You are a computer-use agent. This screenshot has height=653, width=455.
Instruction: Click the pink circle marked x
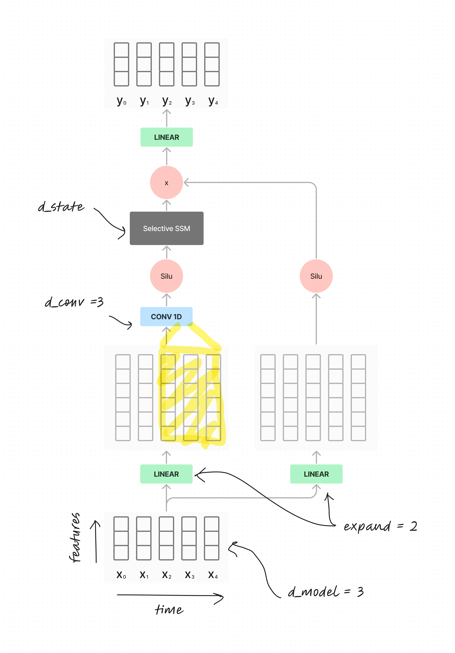click(166, 183)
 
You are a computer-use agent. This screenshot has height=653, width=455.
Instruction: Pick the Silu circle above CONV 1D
click(166, 276)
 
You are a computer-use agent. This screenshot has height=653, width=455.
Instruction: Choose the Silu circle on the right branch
click(316, 276)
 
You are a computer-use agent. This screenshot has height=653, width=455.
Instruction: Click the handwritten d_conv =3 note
click(74, 302)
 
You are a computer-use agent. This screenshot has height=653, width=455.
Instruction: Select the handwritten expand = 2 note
click(380, 526)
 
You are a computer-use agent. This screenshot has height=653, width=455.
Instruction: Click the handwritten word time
click(169, 609)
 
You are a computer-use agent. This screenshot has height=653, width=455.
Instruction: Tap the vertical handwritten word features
click(75, 537)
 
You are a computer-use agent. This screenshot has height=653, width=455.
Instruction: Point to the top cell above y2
click(166, 50)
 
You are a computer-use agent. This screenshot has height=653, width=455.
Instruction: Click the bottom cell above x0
click(121, 553)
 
